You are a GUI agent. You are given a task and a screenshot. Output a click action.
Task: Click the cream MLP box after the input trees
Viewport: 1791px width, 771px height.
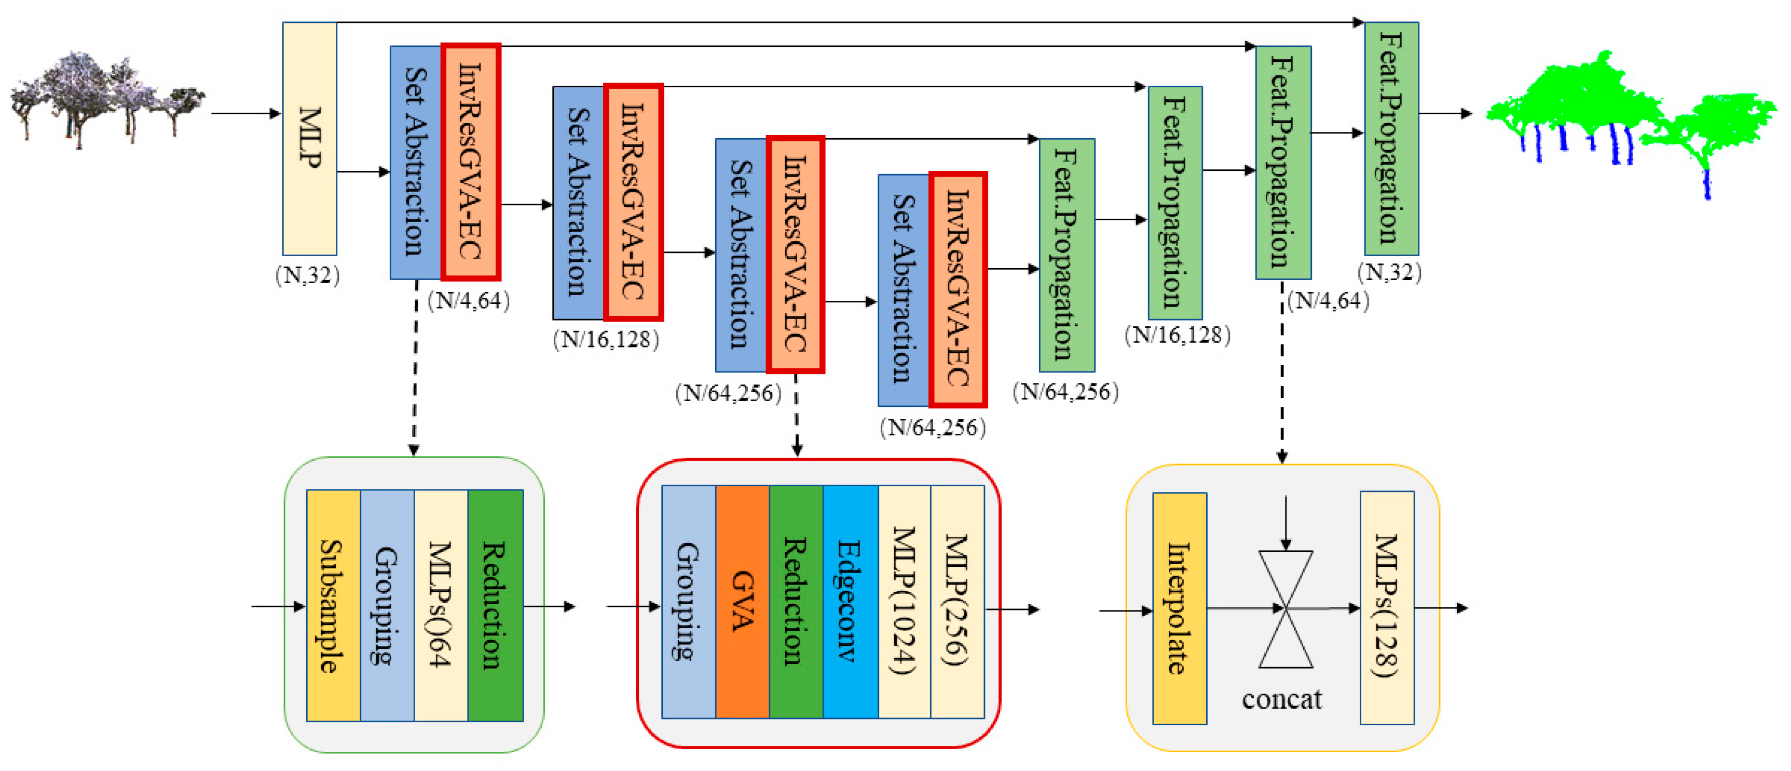point(309,139)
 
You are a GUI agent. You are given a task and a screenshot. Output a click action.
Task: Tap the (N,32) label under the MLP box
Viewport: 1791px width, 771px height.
point(307,275)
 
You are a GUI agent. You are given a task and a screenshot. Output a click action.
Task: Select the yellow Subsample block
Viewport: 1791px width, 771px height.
point(333,605)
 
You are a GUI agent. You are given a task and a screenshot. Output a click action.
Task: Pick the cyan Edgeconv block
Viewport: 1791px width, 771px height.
point(850,602)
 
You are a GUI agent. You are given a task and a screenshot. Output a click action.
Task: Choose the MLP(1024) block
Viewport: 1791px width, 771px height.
point(904,602)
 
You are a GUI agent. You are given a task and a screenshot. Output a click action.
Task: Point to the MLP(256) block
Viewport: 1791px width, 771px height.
point(956,602)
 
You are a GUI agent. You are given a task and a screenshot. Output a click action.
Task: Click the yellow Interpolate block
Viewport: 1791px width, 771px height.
point(1179,608)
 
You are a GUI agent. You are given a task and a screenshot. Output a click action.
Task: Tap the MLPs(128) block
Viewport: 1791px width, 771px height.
point(1386,607)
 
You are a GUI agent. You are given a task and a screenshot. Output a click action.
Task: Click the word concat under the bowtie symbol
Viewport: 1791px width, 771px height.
point(1281,699)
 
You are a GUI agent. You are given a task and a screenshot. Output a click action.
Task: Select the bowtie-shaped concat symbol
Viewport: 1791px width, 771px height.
point(1286,609)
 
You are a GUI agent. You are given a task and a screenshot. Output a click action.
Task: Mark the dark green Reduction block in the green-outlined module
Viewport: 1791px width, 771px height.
point(495,605)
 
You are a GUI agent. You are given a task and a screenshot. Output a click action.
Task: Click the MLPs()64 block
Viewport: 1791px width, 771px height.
point(441,605)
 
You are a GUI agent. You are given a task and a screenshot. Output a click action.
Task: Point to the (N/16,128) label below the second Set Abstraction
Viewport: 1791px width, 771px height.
point(606,340)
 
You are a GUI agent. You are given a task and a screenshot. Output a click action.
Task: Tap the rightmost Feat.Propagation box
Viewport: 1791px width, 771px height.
point(1391,139)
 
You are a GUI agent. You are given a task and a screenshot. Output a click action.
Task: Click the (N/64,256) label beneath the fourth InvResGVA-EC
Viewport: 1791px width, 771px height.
point(933,427)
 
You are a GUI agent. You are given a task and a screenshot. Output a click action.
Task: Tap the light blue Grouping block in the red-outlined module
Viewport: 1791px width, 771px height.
point(688,602)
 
